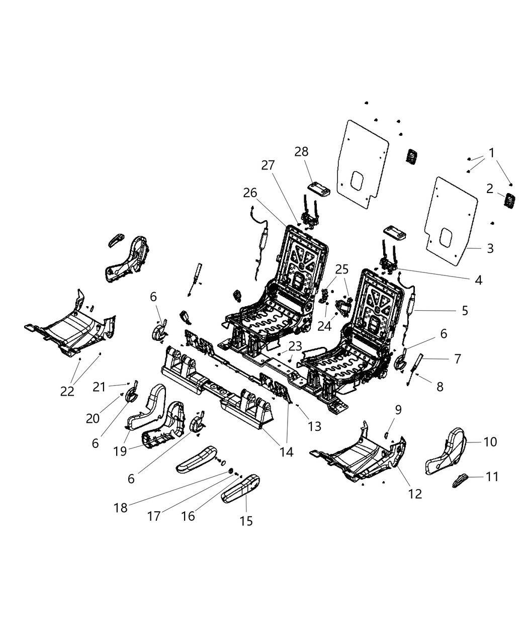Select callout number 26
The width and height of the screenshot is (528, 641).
coord(250,193)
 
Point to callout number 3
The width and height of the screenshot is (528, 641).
coord(490,248)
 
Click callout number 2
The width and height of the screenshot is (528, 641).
coord(489,189)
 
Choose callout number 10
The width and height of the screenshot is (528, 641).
coord(490,441)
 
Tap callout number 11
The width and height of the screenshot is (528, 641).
coord(492,476)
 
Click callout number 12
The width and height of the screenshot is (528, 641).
coord(415,494)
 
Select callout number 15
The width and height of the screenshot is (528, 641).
coord(246,521)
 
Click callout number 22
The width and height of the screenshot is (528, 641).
coord(67,391)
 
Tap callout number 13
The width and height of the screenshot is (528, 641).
coord(314,426)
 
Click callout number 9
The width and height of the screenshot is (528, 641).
coord(398,410)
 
